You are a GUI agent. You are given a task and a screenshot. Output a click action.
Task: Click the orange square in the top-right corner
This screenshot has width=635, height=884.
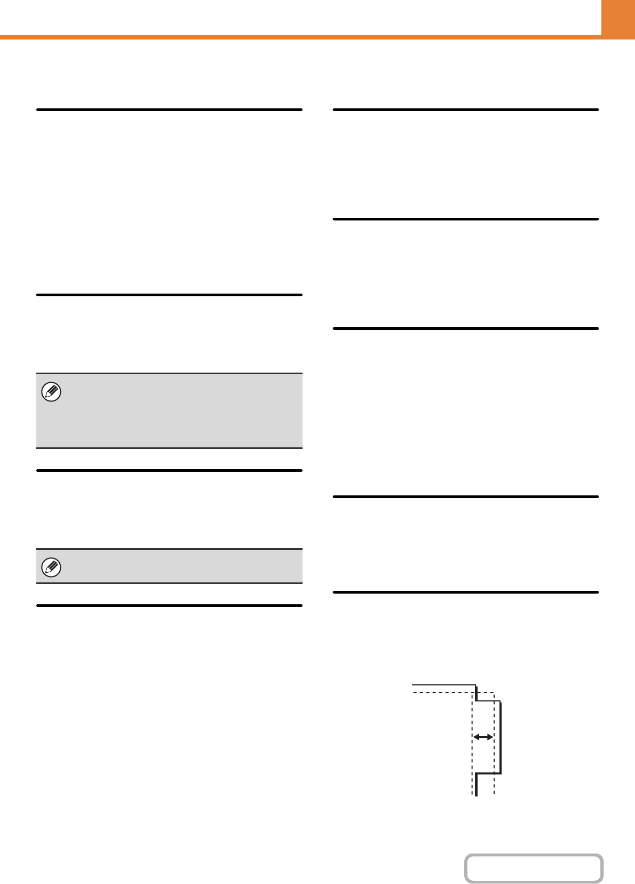point(618,19)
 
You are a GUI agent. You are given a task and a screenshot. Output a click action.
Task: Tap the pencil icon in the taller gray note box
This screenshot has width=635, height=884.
point(51,392)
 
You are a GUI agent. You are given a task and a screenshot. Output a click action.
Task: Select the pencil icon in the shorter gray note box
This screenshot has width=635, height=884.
point(51,567)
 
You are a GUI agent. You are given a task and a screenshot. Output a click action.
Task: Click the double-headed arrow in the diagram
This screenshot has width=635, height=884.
point(483,737)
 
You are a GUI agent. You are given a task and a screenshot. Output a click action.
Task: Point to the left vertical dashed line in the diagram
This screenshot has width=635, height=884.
point(472,758)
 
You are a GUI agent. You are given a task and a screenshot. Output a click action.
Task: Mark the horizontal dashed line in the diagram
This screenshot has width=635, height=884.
point(443,693)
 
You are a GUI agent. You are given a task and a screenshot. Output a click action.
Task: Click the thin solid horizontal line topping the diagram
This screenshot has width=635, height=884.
point(443,684)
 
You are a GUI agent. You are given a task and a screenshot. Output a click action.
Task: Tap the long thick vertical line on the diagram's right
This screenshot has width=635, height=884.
point(501,737)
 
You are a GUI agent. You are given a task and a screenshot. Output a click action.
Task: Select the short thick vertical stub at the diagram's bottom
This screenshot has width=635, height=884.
point(476,784)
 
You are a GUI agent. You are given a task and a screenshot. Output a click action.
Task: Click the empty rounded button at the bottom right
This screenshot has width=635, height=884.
point(534,869)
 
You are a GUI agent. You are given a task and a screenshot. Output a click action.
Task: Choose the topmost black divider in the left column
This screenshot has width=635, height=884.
point(169,109)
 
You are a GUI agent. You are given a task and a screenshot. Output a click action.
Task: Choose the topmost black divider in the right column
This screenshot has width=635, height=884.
point(466,109)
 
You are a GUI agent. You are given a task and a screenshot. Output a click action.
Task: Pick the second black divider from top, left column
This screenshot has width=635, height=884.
point(169,295)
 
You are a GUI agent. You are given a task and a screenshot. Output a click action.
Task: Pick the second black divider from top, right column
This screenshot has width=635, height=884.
point(466,219)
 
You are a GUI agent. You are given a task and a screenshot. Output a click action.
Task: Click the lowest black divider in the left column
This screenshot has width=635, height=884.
point(169,605)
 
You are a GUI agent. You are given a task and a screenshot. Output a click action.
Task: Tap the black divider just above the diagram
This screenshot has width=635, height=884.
point(466,592)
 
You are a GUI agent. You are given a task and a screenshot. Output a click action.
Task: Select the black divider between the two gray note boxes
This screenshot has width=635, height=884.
point(169,470)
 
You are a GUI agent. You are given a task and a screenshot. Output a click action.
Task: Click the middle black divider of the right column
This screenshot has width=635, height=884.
point(466,328)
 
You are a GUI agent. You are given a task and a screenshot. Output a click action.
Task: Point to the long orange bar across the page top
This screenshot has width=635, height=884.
point(299,37)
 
